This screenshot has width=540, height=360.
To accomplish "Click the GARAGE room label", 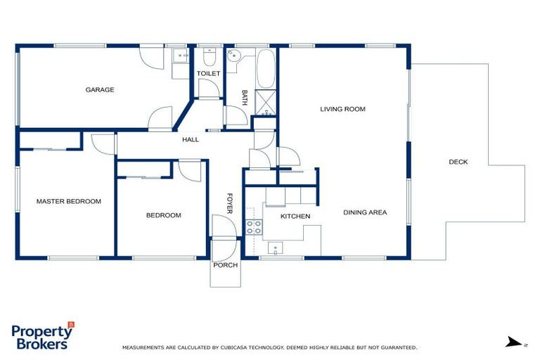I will pyautogui.click(x=100, y=90).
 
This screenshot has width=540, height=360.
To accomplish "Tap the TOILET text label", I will pyautogui.click(x=208, y=73).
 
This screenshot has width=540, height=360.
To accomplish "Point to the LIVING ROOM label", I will pyautogui.click(x=342, y=109).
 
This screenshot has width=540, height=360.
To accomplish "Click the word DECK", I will pyautogui.click(x=458, y=162).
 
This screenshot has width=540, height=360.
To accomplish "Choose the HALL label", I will pyautogui.click(x=191, y=139).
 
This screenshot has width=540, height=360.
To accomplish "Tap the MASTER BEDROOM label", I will pyautogui.click(x=68, y=201).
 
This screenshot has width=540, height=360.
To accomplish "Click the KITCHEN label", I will pyautogui.click(x=295, y=216).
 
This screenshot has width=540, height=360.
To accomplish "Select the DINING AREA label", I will pyautogui.click(x=365, y=212).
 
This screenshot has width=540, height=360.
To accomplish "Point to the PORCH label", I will pyautogui.click(x=225, y=265).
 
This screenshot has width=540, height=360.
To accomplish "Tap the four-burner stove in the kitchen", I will pyautogui.click(x=253, y=226).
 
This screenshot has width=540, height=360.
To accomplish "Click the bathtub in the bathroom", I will pyautogui.click(x=266, y=68).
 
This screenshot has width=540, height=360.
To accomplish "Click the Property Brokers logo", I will pyautogui.click(x=42, y=337).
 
